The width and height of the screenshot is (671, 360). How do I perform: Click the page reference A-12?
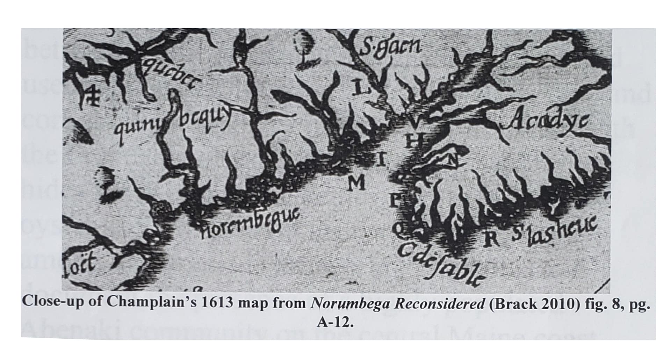[335, 322]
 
